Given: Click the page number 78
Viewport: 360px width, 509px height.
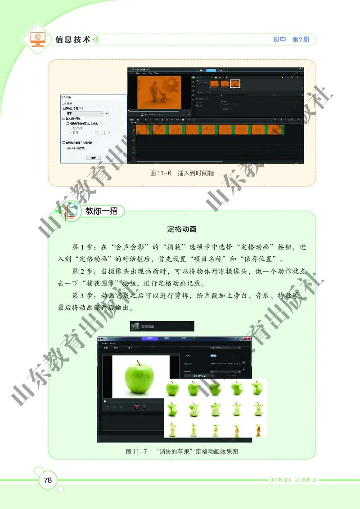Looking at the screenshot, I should tap(48, 480).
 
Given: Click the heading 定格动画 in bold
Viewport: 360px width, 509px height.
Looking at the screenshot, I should tap(182, 229).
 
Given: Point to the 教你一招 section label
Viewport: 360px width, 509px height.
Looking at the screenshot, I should tap(101, 210).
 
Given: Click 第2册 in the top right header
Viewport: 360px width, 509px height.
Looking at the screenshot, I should tap(301, 40).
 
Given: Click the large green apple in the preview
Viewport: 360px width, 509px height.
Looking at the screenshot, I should tap(139, 377).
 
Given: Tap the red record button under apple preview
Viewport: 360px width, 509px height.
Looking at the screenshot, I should tap(136, 407).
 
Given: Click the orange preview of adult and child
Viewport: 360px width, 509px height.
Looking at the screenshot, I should tap(159, 92).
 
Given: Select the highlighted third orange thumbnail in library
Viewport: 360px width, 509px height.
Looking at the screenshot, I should tap(235, 83).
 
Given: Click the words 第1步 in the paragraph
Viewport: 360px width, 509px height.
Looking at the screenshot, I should tap(81, 247).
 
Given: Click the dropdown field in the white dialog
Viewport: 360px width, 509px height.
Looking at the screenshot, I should tap(84, 114).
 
